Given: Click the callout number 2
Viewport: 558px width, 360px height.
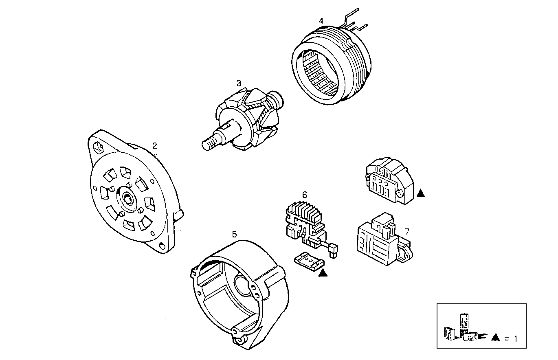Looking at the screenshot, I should point(154,145).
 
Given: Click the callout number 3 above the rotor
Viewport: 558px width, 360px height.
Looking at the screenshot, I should point(239,83).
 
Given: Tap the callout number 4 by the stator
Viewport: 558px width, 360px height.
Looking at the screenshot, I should point(321,21).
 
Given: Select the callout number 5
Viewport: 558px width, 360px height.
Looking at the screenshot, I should point(234,234).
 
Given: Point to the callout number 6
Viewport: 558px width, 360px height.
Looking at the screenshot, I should point(304,195).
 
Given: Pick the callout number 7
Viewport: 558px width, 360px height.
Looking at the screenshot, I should point(407,231).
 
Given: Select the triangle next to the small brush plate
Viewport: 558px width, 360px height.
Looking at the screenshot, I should point(323,274).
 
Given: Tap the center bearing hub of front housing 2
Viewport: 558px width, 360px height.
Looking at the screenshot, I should point(130,198).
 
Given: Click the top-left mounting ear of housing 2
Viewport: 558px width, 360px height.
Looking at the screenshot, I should point(98,145).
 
